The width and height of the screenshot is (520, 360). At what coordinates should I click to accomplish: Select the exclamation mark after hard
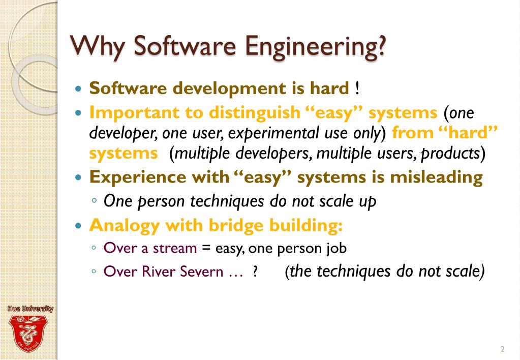coord(357,88)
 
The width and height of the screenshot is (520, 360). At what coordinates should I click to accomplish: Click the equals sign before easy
coord(206,249)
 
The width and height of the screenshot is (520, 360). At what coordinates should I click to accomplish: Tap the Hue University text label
coord(30,309)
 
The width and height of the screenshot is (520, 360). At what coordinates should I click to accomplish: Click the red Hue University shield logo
coord(28,333)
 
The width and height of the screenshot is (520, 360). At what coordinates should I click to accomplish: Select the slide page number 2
coord(502,349)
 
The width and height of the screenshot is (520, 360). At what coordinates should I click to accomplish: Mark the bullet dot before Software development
coord(78,89)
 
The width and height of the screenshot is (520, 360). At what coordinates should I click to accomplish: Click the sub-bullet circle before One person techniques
coord(95,201)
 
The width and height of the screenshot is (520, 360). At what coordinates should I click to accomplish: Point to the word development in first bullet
coord(222,88)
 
